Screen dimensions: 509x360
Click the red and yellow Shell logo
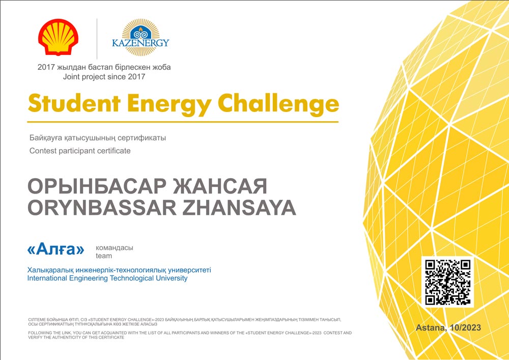[x=58, y=37]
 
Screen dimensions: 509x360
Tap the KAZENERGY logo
[x=140, y=37]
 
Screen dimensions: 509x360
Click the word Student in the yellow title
[x=74, y=103]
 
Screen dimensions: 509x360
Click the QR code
[x=447, y=282]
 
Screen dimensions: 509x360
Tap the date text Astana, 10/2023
[x=448, y=327]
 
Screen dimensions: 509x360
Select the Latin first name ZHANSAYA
[x=239, y=208]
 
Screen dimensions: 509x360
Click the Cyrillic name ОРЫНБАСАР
[x=97, y=186]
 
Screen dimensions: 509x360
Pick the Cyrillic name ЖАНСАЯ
[x=220, y=186]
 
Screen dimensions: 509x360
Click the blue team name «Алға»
[x=56, y=250]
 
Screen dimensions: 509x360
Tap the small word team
[x=104, y=256]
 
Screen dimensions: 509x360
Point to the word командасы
[x=114, y=248]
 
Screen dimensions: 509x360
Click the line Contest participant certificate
[x=80, y=151]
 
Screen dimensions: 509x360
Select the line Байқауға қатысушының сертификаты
[x=98, y=138]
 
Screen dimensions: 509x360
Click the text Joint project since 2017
[x=104, y=77]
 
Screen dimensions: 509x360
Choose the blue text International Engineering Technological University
[x=107, y=278]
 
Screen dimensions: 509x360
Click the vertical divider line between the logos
[x=97, y=39]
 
